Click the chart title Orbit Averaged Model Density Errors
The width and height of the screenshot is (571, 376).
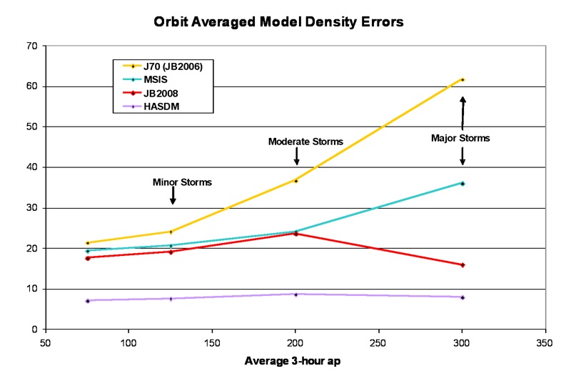click(x=279, y=22)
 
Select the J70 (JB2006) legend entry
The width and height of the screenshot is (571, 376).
click(x=178, y=66)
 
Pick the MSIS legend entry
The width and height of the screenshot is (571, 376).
click(x=157, y=79)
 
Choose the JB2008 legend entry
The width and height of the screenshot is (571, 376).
click(x=161, y=92)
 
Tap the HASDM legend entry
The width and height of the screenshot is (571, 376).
click(x=161, y=106)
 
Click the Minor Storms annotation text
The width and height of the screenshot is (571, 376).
click(x=182, y=182)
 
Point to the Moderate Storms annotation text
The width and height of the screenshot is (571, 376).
click(x=305, y=142)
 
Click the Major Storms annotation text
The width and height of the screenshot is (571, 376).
click(x=460, y=138)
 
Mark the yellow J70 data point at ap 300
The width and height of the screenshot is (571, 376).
click(x=463, y=79)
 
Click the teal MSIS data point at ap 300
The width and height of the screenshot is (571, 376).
click(x=463, y=184)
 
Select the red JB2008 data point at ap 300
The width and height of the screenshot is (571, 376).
click(x=463, y=265)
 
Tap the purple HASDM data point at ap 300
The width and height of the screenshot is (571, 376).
click(x=463, y=297)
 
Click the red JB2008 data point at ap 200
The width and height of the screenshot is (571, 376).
click(x=295, y=234)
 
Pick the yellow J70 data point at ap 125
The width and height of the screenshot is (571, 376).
click(x=171, y=232)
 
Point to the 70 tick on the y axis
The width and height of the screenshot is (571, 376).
click(x=32, y=46)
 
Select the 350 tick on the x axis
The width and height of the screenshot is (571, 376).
click(x=546, y=342)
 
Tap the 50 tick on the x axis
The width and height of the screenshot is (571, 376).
click(x=46, y=342)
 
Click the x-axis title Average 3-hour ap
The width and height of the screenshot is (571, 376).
click(x=293, y=361)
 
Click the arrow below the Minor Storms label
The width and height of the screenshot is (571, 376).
click(x=173, y=196)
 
